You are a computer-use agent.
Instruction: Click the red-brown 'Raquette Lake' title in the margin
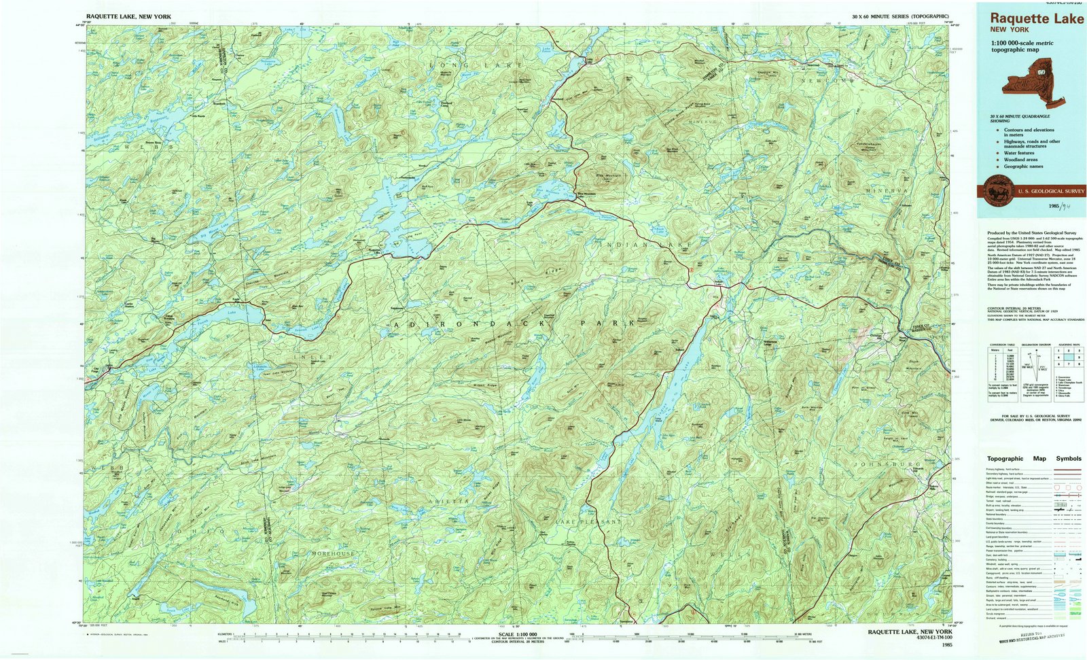pos(1036,18)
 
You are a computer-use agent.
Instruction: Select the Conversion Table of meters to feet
pos(999,371)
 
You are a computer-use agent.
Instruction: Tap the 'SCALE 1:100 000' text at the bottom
pos(517,633)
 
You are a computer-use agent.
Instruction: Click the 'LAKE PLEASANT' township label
pos(588,521)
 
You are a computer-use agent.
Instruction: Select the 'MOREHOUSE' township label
pos(333,554)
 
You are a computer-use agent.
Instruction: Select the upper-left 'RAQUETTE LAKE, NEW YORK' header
pos(128,16)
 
